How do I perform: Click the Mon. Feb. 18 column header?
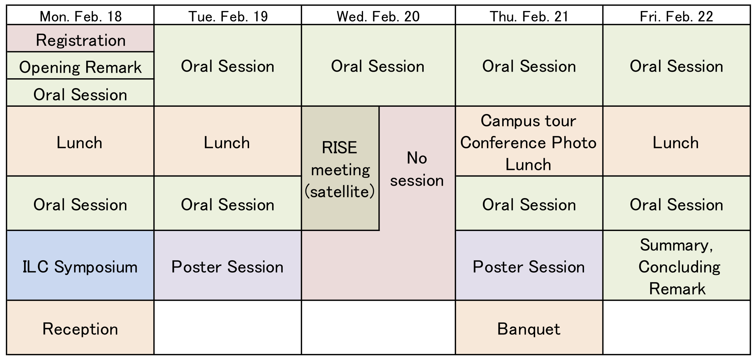[x=80, y=15]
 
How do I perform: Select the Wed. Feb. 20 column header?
[x=378, y=15]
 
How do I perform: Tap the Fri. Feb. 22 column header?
[x=676, y=15]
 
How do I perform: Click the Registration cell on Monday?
[x=80, y=38]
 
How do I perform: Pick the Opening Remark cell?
[x=80, y=65]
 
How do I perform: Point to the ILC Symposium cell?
[x=80, y=265]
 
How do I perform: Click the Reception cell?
[x=80, y=327]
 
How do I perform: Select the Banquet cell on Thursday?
[x=529, y=327]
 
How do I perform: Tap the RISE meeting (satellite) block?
[x=340, y=168]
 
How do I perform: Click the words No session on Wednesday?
[x=417, y=169]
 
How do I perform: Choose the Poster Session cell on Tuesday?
[x=228, y=265]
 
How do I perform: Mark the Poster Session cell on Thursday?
[x=529, y=265]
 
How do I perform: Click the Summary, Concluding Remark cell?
[x=676, y=265]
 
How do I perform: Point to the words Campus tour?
[x=528, y=121]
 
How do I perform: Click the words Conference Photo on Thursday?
[x=528, y=143]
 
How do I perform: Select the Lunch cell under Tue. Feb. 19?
[x=228, y=141]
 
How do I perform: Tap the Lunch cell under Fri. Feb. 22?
[x=676, y=141]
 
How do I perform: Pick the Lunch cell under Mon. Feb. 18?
[x=80, y=141]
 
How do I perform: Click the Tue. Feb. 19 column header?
[x=228, y=15]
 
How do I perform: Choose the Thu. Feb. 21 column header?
[x=529, y=15]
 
